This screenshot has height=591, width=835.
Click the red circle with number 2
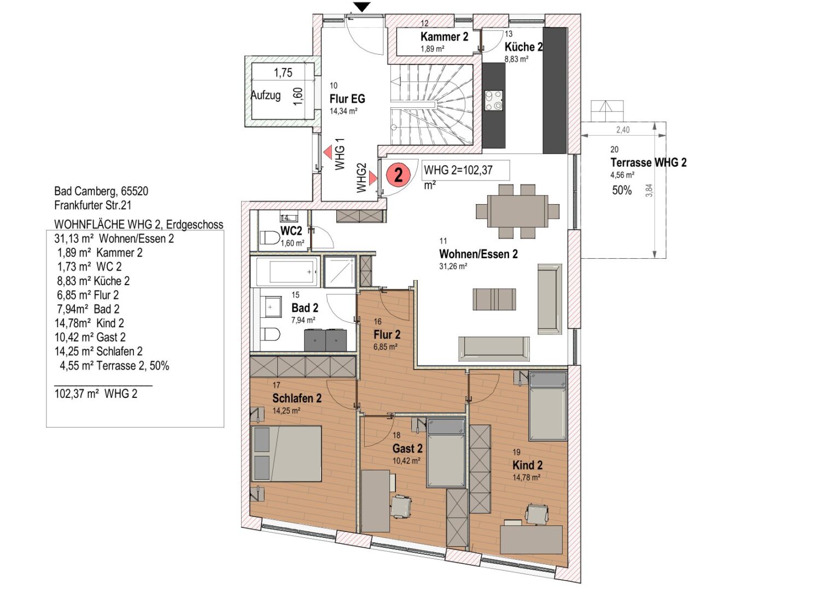[x=398, y=175]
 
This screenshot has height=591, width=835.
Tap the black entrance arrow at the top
[x=362, y=7]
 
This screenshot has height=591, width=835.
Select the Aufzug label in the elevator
[x=266, y=95]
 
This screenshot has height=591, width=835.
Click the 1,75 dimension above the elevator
[x=283, y=73]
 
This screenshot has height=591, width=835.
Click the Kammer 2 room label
[x=444, y=37]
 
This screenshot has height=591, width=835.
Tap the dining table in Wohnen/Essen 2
[x=517, y=211]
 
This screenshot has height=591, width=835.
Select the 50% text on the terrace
[x=622, y=190]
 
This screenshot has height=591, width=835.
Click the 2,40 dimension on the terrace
[x=623, y=130]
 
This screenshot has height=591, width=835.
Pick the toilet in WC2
[x=269, y=238]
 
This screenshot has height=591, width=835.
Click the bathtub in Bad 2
[x=285, y=271]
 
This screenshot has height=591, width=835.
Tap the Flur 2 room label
[x=387, y=334]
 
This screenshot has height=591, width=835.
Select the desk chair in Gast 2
[x=401, y=506]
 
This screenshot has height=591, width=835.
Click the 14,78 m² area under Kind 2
[x=526, y=477]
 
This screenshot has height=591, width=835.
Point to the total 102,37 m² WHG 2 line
[x=96, y=393]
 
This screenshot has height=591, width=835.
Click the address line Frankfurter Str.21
[x=93, y=205]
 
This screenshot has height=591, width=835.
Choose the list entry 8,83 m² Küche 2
[x=93, y=281]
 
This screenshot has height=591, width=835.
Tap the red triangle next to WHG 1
[x=328, y=152]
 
